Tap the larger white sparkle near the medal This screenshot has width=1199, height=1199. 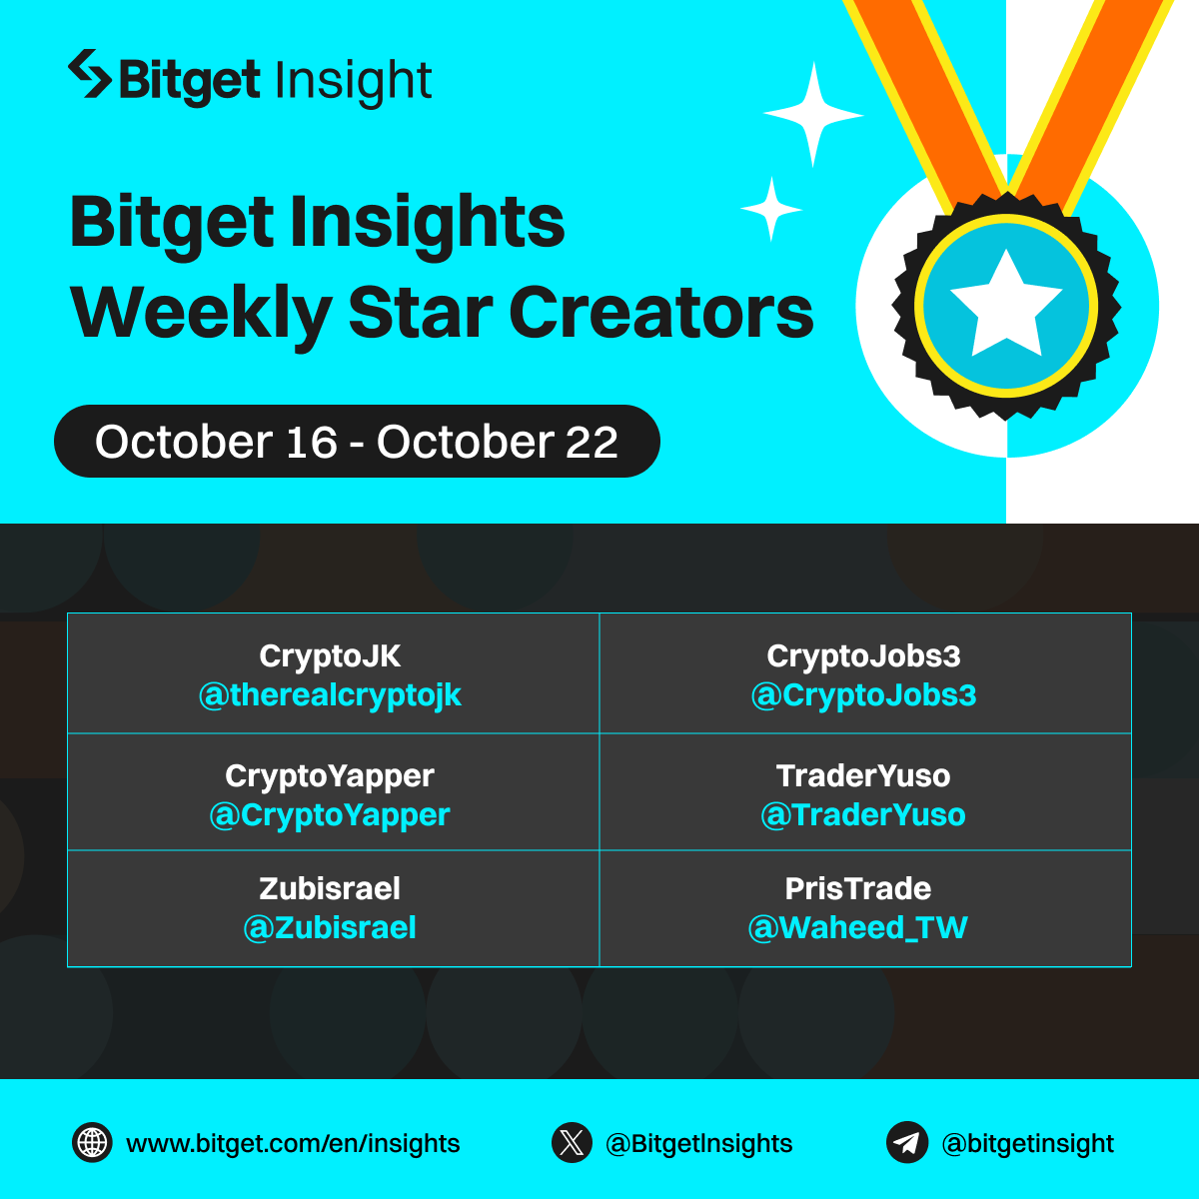coord(813,115)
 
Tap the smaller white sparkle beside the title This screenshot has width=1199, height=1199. coord(771,209)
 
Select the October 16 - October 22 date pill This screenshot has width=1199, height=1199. coord(357,442)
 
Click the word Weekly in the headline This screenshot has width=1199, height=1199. coord(199,313)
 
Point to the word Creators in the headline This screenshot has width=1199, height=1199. coord(661,313)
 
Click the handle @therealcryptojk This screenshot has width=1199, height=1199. coord(330,695)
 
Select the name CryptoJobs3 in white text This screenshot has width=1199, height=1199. coord(863,656)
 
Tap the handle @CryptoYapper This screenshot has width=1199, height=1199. coord(330,815)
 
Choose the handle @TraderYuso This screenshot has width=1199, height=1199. coord(863,815)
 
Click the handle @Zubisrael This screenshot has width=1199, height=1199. coord(330,928)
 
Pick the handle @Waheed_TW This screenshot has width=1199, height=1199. coord(858,928)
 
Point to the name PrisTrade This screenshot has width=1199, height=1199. coord(858,888)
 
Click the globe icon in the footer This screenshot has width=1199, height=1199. coord(92,1143)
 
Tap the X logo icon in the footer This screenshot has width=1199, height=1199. coord(572,1143)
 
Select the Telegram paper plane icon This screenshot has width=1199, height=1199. coord(907,1143)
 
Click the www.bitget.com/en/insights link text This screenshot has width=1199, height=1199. coord(293,1144)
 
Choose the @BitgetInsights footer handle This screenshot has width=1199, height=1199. coord(699,1144)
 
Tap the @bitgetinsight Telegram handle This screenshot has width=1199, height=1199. coord(1028,1144)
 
